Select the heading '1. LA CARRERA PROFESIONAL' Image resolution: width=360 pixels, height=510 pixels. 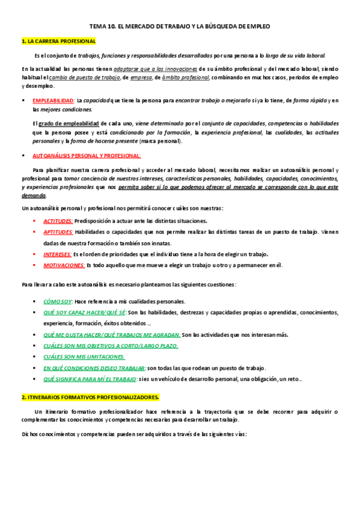pos(58,41)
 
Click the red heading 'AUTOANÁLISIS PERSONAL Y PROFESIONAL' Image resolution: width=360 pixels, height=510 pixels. pos(87,155)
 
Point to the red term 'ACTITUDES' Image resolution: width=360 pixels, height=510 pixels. pos(58,221)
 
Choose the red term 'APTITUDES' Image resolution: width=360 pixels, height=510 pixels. pos(58,232)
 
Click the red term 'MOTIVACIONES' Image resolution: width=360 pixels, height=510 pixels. pos(64,265)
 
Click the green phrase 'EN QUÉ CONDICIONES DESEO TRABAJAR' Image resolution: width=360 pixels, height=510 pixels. pos(94,367)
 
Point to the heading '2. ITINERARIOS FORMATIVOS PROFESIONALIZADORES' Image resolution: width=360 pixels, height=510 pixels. pos(90,398)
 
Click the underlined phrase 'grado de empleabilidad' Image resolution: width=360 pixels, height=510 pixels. pos(64,122)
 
